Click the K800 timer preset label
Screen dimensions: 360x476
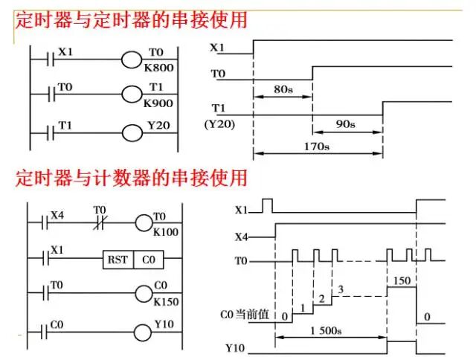[x=158, y=67]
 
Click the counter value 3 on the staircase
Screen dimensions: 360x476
[x=341, y=289]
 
